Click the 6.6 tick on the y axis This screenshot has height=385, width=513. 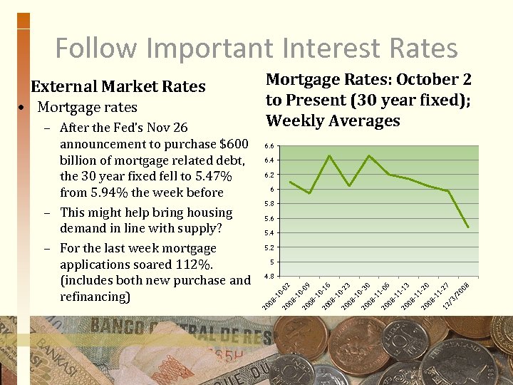269,146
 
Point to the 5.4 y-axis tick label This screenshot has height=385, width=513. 269,233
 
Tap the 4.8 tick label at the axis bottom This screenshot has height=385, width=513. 269,276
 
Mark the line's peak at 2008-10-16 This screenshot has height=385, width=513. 329,155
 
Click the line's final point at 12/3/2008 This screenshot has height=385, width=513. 468,227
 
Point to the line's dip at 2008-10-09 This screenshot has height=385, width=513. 309,193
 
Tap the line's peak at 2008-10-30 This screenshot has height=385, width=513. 368,155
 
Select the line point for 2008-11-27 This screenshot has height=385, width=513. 448,191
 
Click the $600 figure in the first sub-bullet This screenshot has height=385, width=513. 234,144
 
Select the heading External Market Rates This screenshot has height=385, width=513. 118,87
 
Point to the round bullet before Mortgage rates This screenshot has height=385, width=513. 24,108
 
